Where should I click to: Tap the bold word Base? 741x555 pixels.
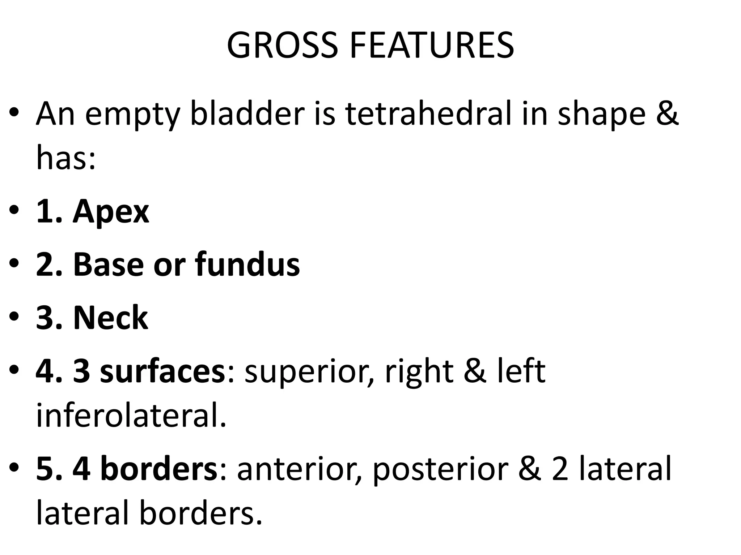tap(109, 264)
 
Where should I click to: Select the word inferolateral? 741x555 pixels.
tap(131, 416)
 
